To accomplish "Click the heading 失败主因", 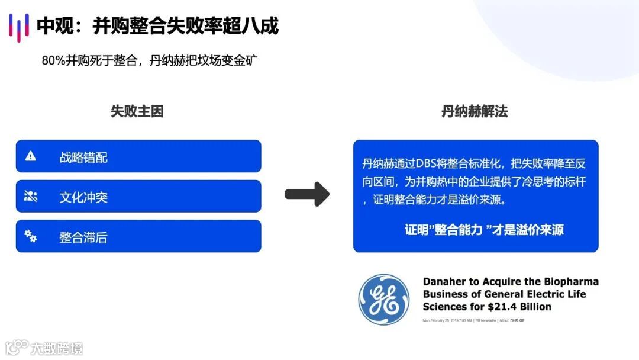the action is pos(137,111).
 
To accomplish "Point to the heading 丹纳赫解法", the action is pos(475,111).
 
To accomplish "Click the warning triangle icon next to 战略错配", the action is pos(31,156).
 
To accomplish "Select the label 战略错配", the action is pos(83,157).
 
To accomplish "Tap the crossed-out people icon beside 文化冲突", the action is pos(31,197).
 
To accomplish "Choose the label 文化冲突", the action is pos(83,197).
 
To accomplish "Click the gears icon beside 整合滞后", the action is pos(31,236).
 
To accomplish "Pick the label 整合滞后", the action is pos(83,237).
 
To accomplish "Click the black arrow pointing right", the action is pos(306,194).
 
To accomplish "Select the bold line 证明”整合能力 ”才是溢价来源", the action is pos(484,230).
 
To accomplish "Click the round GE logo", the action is pos(383,299).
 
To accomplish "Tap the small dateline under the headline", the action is pos(473,320).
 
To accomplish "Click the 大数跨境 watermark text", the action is pos(57,348).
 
